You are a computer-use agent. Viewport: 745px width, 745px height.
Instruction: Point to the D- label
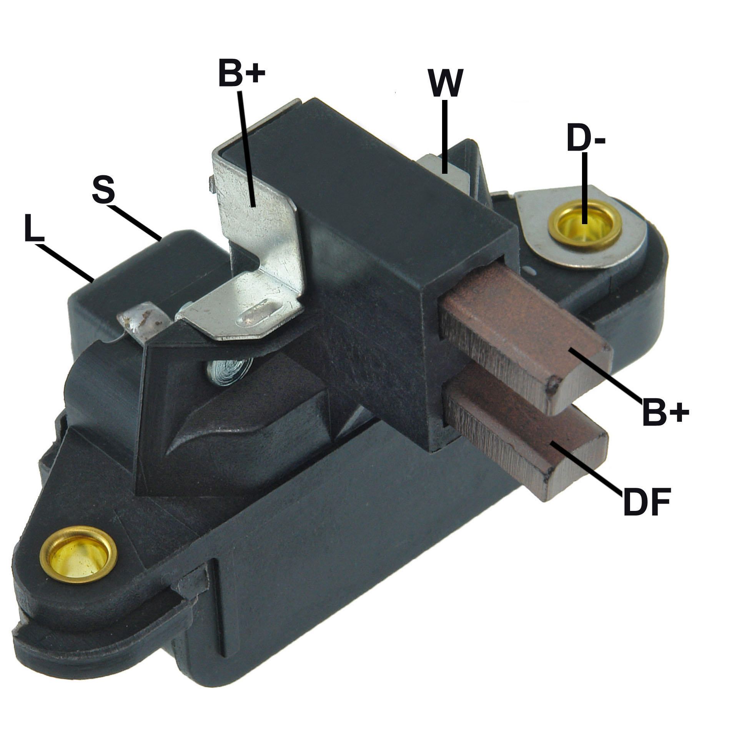pyautogui.click(x=586, y=138)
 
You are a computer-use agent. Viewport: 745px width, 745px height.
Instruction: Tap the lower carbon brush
pyautogui.click(x=526, y=432)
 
